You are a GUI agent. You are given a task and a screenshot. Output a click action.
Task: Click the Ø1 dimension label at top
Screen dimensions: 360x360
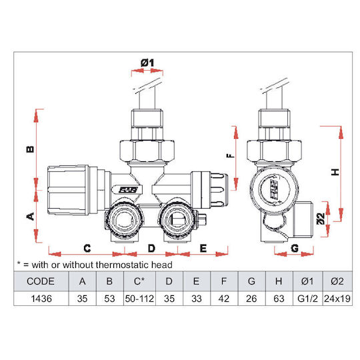click(x=147, y=63)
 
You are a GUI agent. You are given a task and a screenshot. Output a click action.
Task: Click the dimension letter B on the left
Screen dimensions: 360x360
click(x=30, y=149)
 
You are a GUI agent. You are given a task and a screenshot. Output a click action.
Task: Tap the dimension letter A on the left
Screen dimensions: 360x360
click(x=31, y=216)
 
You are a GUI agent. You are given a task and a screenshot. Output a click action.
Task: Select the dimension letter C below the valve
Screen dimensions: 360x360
click(x=87, y=249)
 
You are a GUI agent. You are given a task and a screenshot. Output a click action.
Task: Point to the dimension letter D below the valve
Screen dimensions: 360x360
click(x=151, y=249)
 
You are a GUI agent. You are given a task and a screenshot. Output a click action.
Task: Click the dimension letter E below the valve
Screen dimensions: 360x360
click(x=203, y=249)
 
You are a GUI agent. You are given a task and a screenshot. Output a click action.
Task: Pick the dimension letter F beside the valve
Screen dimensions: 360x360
click(x=231, y=155)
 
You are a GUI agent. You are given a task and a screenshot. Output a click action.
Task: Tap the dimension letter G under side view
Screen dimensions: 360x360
click(x=295, y=248)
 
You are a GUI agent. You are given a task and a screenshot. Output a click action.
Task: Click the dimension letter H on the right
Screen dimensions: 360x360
click(x=335, y=172)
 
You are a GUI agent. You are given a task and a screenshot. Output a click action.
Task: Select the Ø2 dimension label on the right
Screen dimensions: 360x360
click(x=321, y=219)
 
